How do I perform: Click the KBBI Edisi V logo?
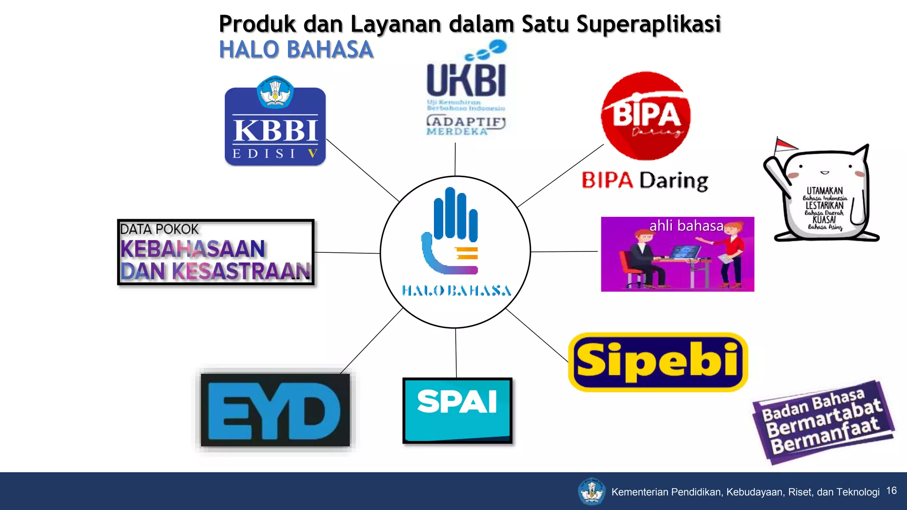tap(275, 126)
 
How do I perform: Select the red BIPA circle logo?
tap(646, 116)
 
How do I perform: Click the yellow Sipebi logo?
tap(658, 362)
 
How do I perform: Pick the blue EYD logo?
tap(275, 410)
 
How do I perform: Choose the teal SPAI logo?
tap(457, 410)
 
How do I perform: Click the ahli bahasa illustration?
tap(677, 254)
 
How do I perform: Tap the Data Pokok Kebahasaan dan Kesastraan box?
tap(216, 252)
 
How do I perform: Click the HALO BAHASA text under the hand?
tap(456, 291)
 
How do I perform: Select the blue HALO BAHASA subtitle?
tap(296, 50)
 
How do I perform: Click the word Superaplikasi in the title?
tap(648, 24)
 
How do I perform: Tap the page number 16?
tap(891, 491)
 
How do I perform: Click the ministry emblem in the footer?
tap(591, 491)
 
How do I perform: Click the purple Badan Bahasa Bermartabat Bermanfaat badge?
tap(823, 421)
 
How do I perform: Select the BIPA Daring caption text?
tap(645, 181)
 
